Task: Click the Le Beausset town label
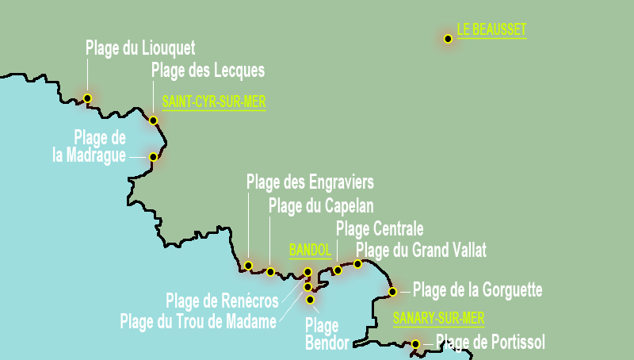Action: pos(491,30)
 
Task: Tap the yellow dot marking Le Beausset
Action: pos(448,38)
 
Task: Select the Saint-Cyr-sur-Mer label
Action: pos(213,101)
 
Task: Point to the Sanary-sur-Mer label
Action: pos(438,319)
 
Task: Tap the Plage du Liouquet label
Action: pos(140,48)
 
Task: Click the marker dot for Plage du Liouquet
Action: pos(87,98)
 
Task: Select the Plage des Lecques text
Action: pos(208,71)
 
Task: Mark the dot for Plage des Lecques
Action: pos(153,121)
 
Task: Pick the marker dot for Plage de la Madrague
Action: pos(153,157)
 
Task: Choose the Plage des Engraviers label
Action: pos(310,182)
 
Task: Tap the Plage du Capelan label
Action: pos(315,206)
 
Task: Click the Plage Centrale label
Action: pos(380,229)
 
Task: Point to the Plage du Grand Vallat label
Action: pos(421,251)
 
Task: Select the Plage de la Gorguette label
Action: pos(477,291)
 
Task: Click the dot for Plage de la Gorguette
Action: pos(392,292)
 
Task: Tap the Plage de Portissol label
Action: pos(491,343)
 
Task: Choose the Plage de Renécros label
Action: pos(222,301)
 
